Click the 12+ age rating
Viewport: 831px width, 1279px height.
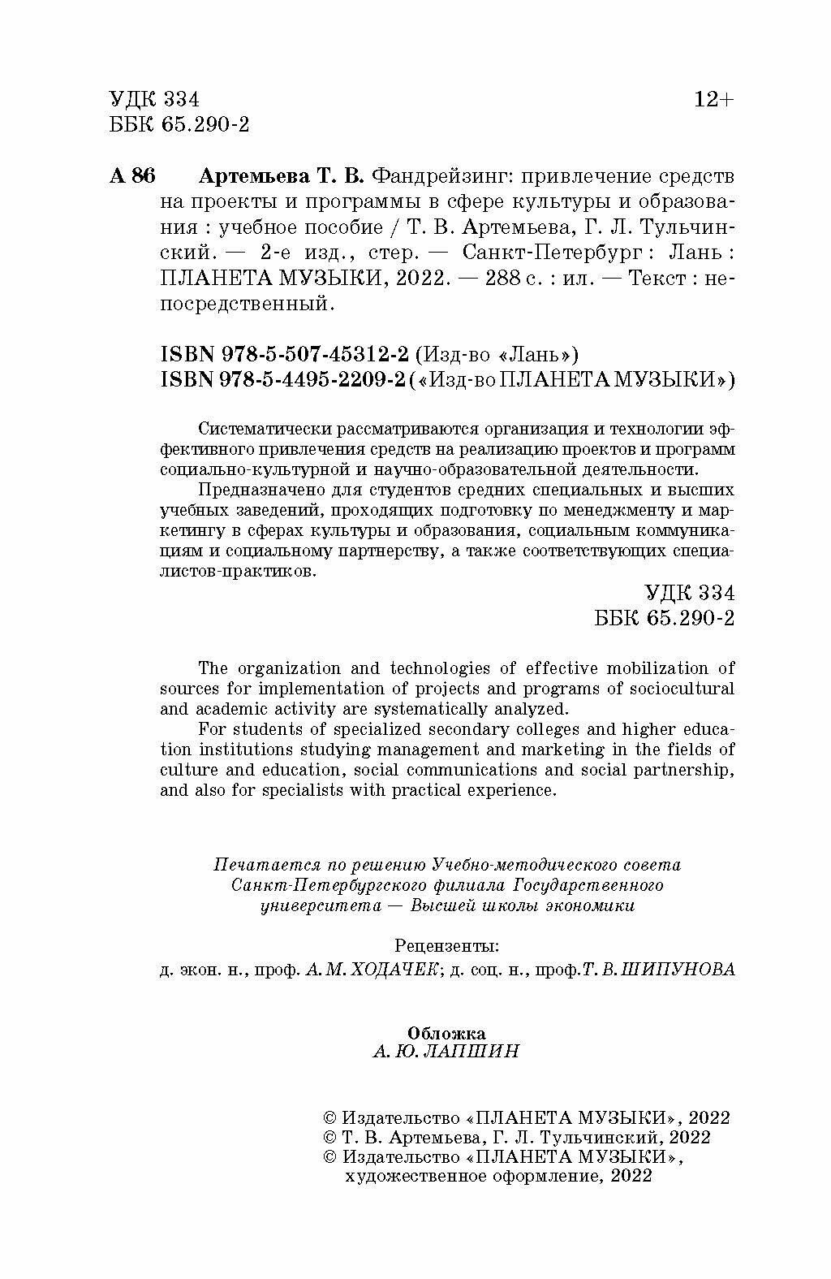(x=713, y=100)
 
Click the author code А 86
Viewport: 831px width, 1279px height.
(x=131, y=176)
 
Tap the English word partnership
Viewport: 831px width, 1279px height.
(x=689, y=769)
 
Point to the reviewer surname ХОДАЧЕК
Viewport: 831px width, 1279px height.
(x=400, y=970)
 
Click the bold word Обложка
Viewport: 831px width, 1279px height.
(x=446, y=1033)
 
